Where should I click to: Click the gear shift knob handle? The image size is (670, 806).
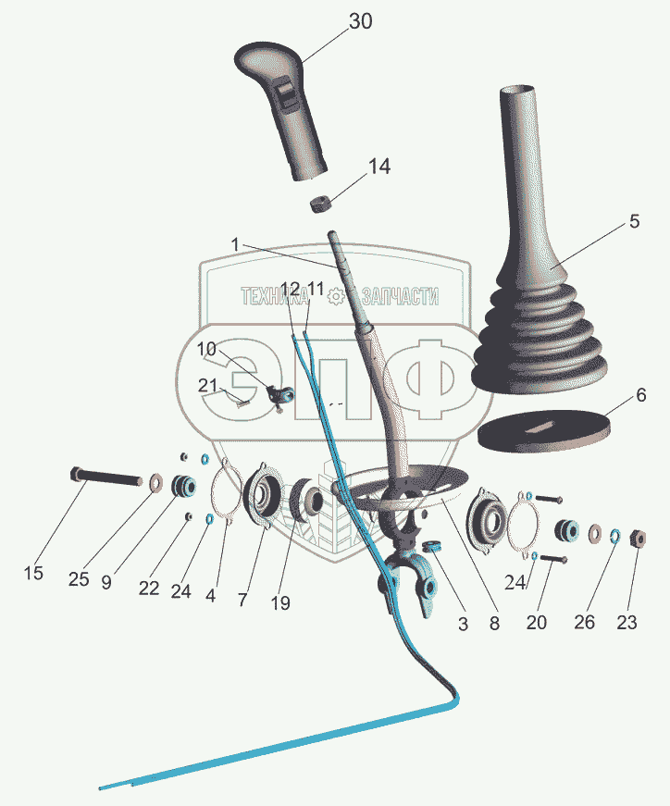pos(280,108)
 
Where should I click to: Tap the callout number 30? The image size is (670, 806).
pos(361,21)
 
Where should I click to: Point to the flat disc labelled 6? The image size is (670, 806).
pos(544,430)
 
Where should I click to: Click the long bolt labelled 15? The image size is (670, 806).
pos(105,476)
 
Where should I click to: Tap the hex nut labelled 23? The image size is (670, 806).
pos(637,539)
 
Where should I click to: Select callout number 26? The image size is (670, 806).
pos(584,622)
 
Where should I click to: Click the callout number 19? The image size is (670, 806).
pos(280,602)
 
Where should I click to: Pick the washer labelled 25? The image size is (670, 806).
pos(155,482)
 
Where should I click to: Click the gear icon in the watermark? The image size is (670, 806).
pos(336,297)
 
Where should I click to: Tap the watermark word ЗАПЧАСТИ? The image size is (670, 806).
pos(400,297)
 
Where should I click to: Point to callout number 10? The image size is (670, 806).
pos(206,350)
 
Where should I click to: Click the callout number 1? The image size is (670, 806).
pos(235,244)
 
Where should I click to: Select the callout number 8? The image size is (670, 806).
pos(494,623)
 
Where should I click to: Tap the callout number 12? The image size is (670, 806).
pos(290,289)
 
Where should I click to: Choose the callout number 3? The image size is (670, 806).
pos(463,624)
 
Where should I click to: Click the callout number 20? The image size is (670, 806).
pos(537,623)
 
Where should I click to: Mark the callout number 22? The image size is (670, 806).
pos(149,588)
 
